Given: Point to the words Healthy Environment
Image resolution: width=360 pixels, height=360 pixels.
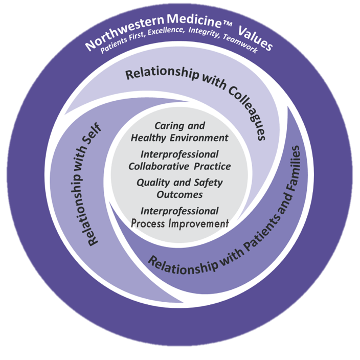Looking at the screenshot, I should click(x=179, y=138).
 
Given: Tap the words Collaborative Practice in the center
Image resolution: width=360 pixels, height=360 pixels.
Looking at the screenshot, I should click(x=179, y=166).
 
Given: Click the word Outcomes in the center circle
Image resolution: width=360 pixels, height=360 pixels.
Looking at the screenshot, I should click(x=179, y=194).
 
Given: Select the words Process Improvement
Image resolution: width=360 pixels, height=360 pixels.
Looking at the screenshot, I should click(x=179, y=223).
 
